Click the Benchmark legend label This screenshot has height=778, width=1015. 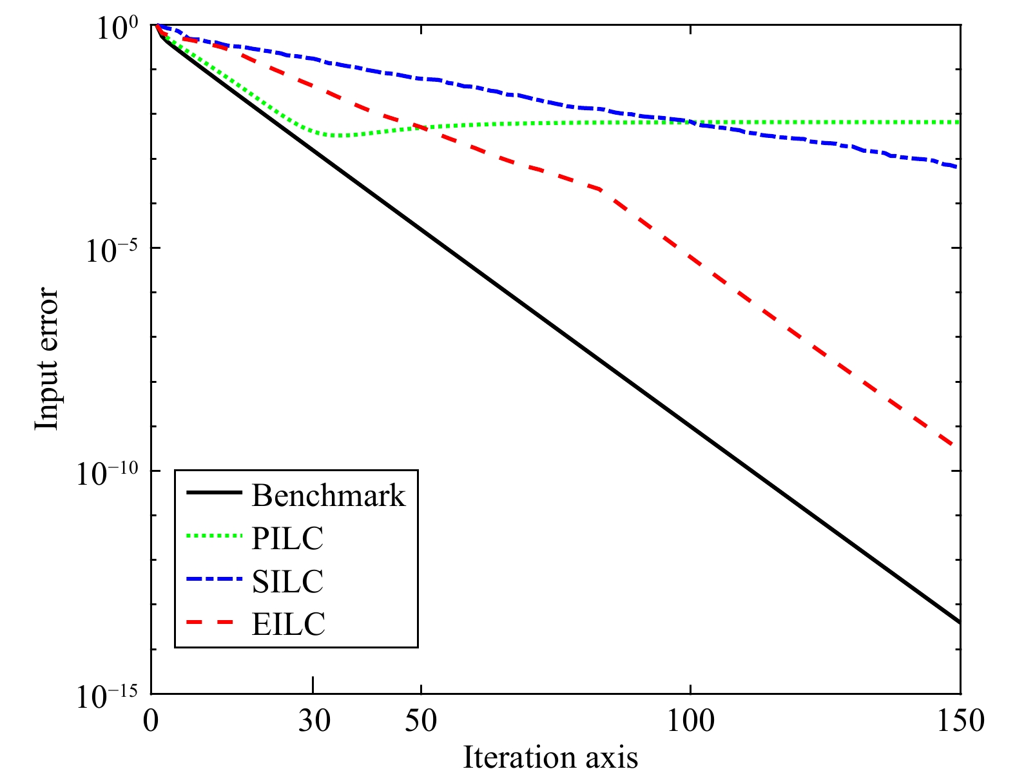point(329,496)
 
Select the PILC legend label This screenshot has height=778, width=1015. point(287,538)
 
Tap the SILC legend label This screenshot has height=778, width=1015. point(287,581)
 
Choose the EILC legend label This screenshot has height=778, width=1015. point(288,623)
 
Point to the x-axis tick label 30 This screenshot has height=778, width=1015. point(314,721)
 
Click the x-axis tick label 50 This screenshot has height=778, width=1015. point(421,721)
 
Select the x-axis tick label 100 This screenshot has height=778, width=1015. point(690,721)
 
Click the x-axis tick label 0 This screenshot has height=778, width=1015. point(151,721)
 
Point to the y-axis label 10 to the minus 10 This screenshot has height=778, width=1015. point(107,474)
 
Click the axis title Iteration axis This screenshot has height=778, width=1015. point(550,757)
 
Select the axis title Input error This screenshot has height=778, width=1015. point(46,359)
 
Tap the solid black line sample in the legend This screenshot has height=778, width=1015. point(213,493)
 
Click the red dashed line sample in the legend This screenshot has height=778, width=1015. point(213,622)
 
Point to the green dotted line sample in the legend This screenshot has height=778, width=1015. point(213,536)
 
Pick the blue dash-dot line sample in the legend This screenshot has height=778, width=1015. point(213,579)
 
